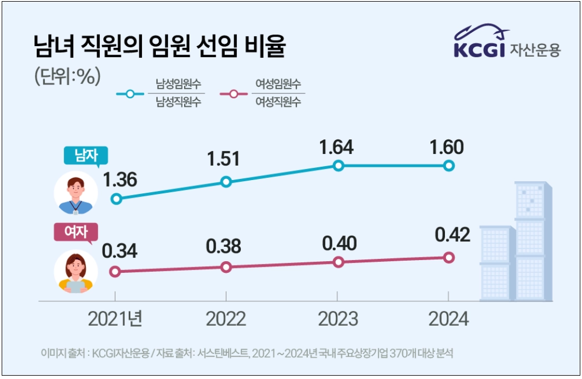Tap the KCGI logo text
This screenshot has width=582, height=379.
[x=479, y=49]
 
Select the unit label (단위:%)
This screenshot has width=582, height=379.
[x=67, y=76]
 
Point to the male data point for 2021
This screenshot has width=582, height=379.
[x=116, y=198]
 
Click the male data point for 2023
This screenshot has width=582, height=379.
[x=338, y=165]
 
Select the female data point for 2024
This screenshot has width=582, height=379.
[x=449, y=257]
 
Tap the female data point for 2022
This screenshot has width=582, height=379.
[x=226, y=267]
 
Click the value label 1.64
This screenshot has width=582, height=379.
[x=336, y=148]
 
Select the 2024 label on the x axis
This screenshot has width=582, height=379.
[x=449, y=318]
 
